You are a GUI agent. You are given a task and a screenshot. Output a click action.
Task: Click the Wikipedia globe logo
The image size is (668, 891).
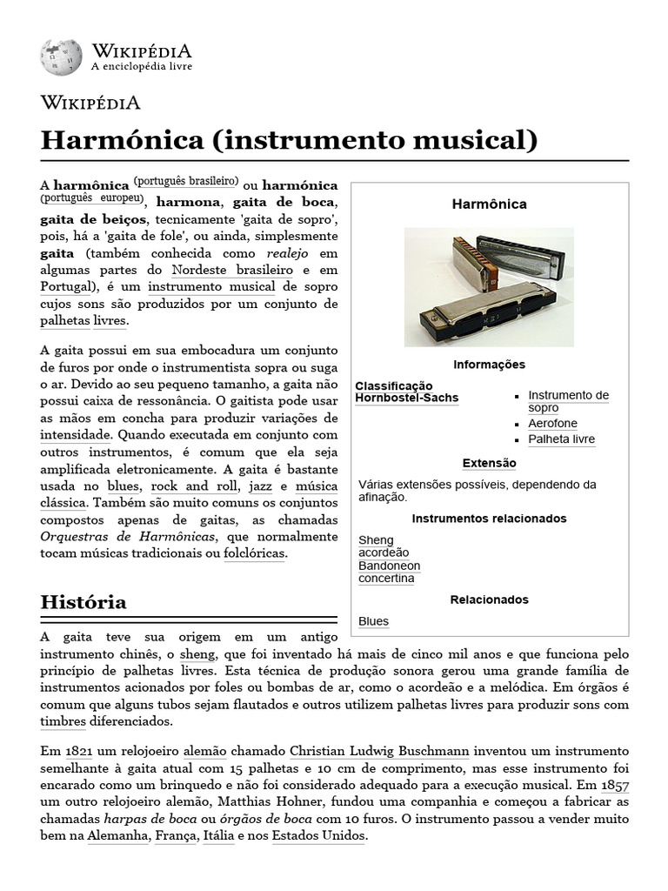[61, 57]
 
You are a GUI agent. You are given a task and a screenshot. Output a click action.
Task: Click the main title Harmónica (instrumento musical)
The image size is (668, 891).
[290, 139]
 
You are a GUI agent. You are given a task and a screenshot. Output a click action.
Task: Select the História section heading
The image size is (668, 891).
[83, 601]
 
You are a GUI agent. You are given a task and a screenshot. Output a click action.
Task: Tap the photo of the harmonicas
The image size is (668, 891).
[489, 287]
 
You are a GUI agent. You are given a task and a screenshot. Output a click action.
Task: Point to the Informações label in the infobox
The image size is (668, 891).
[489, 365]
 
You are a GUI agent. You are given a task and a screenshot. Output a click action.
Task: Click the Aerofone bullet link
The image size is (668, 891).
[552, 424]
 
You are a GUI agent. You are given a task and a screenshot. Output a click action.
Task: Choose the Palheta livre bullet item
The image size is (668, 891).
[561, 439]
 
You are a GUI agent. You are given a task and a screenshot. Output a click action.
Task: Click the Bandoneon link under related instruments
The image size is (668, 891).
[389, 566]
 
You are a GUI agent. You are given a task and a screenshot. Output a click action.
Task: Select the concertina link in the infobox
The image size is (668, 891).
[386, 579]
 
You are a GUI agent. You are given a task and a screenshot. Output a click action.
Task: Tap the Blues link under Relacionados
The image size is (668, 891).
[373, 621]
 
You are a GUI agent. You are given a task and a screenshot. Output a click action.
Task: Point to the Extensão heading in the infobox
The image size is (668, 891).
[489, 463]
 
